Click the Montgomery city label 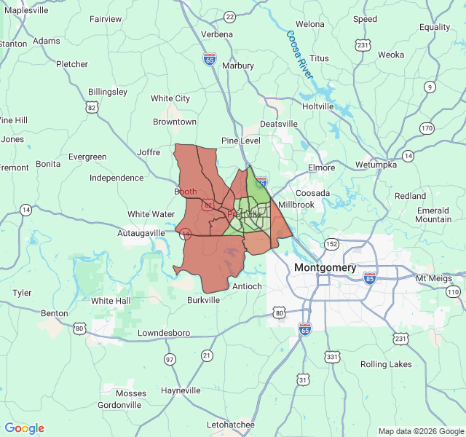click(x=325, y=267)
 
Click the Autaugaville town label click(x=142, y=233)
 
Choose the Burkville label click(x=203, y=300)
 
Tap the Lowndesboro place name click(x=164, y=333)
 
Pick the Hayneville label click(x=181, y=390)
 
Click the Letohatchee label click(x=231, y=424)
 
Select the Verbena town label click(x=216, y=34)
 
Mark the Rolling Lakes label click(x=386, y=364)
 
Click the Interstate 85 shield click(x=370, y=277)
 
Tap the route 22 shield click(x=230, y=16)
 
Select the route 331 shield click(x=333, y=356)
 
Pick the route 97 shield click(x=170, y=359)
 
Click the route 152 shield click(x=332, y=243)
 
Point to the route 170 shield click(x=427, y=128)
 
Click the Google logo click(x=25, y=428)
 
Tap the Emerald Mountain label click(x=433, y=215)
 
